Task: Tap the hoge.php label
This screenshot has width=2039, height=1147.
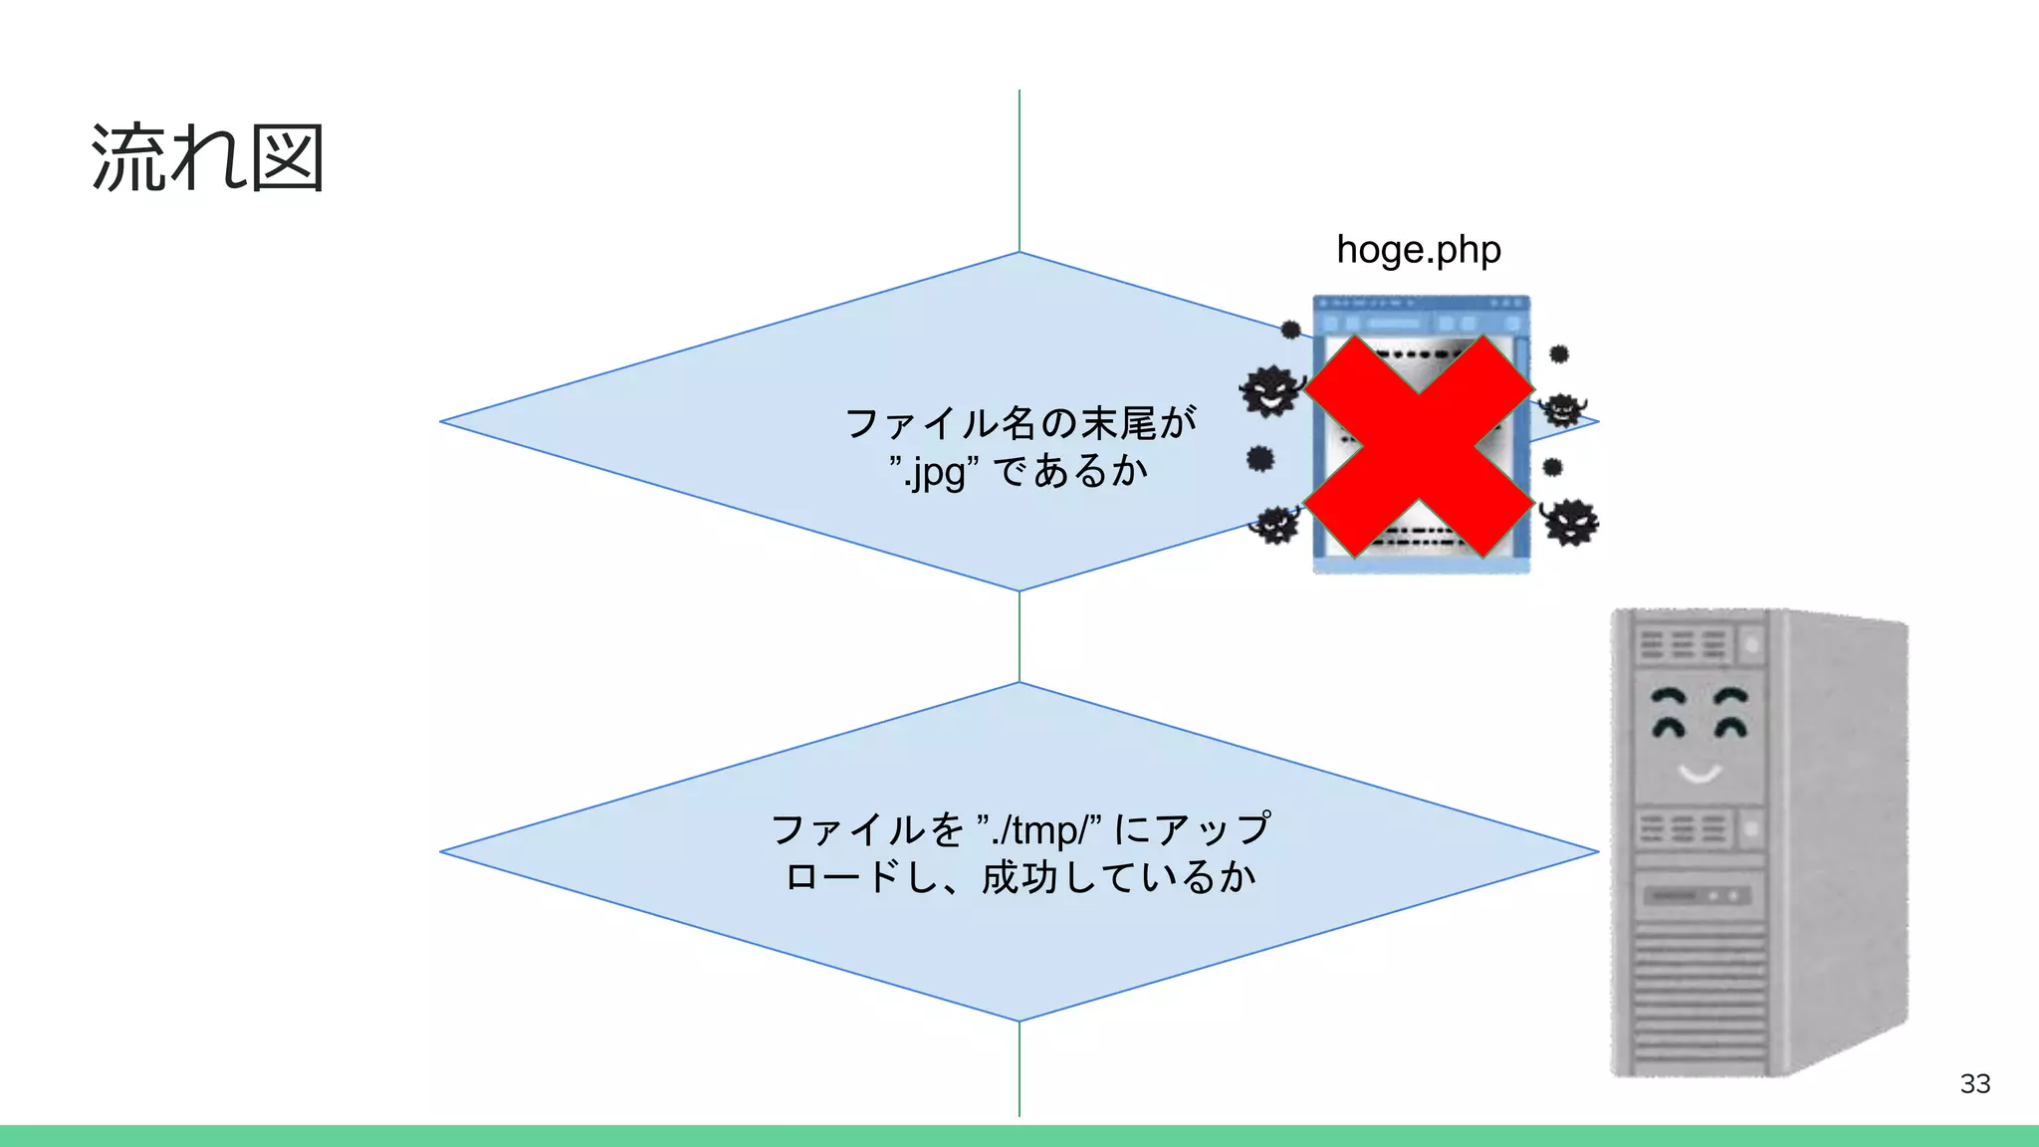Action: pyautogui.click(x=1418, y=250)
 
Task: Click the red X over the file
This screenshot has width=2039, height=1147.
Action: pyautogui.click(x=1419, y=445)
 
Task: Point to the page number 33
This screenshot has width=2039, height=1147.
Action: pyautogui.click(x=1974, y=1083)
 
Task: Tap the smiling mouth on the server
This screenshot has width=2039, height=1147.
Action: pyautogui.click(x=1699, y=773)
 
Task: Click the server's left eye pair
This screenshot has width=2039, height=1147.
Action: pyautogui.click(x=1670, y=711)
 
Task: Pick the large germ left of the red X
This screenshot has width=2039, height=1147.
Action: pyautogui.click(x=1270, y=390)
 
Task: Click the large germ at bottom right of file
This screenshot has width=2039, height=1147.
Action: pyautogui.click(x=1569, y=522)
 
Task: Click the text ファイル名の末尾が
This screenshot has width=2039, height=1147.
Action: pyautogui.click(x=1019, y=423)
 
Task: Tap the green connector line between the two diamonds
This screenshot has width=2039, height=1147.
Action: pyautogui.click(x=1019, y=636)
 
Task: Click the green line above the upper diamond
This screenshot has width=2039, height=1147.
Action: pyautogui.click(x=1019, y=169)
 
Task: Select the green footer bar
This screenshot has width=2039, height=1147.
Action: pyautogui.click(x=1019, y=1136)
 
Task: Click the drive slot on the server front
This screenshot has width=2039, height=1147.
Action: pyautogui.click(x=1697, y=896)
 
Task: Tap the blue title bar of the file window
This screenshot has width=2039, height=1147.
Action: pyautogui.click(x=1421, y=303)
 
